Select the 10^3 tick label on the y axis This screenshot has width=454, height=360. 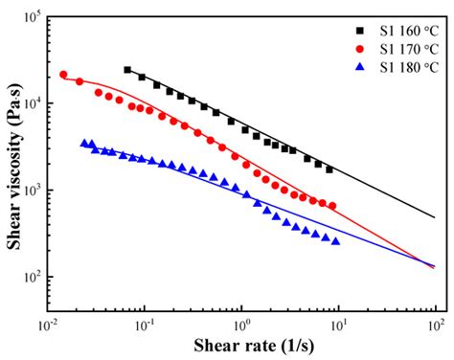click(31, 191)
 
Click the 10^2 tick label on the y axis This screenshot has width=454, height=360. click(31, 277)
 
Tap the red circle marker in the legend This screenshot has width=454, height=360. click(355, 49)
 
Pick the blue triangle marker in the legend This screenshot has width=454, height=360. click(355, 67)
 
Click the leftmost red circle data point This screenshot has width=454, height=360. click(63, 75)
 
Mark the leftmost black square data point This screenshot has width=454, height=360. click(127, 70)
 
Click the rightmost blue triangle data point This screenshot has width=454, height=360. click(335, 241)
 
